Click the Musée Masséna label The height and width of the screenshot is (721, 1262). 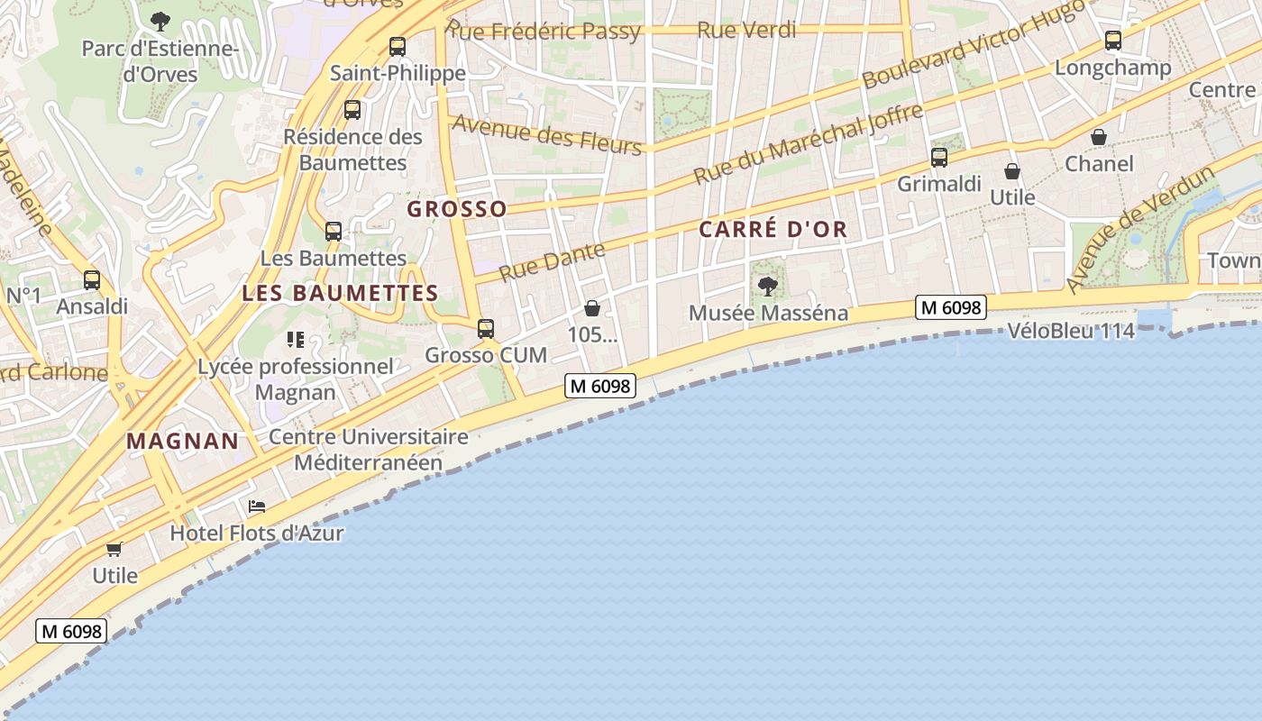click(x=768, y=313)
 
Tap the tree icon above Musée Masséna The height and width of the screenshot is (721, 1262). click(x=768, y=287)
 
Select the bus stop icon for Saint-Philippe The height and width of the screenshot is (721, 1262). click(x=397, y=47)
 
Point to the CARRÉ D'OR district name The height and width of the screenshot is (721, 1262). click(x=773, y=229)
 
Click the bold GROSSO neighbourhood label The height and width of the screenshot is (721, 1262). click(x=457, y=209)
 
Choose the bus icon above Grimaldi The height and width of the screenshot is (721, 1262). click(x=939, y=158)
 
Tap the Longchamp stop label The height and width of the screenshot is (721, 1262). click(x=1112, y=68)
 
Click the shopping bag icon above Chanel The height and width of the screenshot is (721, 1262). click(x=1099, y=137)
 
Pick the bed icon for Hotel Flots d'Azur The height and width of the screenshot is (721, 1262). click(x=257, y=507)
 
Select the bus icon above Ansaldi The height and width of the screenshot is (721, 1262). click(x=92, y=280)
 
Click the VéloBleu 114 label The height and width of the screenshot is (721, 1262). click(x=1071, y=331)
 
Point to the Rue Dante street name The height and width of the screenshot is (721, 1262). click(x=552, y=260)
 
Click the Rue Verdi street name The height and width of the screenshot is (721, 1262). click(x=746, y=30)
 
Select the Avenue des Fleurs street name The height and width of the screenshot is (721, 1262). click(x=546, y=134)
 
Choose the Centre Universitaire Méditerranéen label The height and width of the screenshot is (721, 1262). click(x=369, y=450)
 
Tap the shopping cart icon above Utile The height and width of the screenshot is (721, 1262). click(x=114, y=549)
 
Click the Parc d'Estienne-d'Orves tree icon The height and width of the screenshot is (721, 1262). click(x=160, y=21)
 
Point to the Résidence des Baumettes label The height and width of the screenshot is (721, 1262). click(x=352, y=150)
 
